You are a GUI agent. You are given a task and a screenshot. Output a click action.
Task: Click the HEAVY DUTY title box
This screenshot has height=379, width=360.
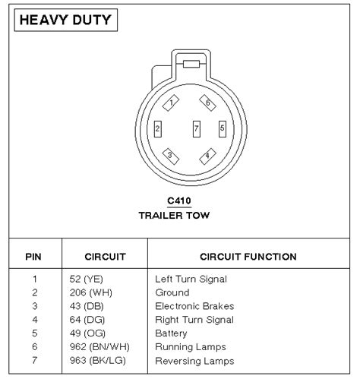[66, 20]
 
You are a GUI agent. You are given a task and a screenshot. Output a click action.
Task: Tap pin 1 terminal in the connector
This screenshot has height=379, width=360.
[171, 103]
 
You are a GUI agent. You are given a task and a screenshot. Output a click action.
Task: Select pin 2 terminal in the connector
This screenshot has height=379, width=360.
[158, 129]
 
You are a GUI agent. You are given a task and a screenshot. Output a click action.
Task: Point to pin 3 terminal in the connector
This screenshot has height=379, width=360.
[170, 156]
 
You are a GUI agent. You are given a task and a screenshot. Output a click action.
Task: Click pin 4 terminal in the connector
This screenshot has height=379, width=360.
[207, 156]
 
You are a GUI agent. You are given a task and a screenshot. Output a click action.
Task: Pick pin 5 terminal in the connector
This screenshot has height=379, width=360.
[223, 129]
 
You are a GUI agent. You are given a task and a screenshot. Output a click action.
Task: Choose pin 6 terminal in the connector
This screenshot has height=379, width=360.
[207, 103]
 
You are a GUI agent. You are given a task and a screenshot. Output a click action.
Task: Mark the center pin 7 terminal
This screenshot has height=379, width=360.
[197, 129]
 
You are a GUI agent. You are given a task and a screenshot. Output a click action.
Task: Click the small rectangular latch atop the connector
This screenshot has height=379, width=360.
[191, 64]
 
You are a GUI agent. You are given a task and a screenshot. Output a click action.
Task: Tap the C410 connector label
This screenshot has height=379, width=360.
[179, 201]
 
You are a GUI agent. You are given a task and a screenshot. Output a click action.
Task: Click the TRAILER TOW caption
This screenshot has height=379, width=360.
[174, 216]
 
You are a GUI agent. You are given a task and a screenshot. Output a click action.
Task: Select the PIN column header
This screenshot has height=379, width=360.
[33, 257]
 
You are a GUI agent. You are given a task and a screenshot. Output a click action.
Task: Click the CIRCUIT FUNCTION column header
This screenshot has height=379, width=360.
[248, 257]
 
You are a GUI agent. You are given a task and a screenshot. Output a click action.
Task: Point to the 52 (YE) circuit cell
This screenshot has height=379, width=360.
[87, 280]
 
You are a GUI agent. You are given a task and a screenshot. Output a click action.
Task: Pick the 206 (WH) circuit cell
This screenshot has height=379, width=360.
[91, 293]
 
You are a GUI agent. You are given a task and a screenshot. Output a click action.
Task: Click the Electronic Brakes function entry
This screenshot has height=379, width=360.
[194, 306]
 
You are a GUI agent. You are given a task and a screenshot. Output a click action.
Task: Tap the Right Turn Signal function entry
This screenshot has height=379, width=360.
[194, 320]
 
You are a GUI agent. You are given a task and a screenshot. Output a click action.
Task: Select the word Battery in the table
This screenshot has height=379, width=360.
[171, 333]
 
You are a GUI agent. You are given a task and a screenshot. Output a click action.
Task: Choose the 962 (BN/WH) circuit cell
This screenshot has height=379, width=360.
[99, 347]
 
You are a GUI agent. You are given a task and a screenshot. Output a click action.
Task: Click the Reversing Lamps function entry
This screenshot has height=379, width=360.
[194, 361]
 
